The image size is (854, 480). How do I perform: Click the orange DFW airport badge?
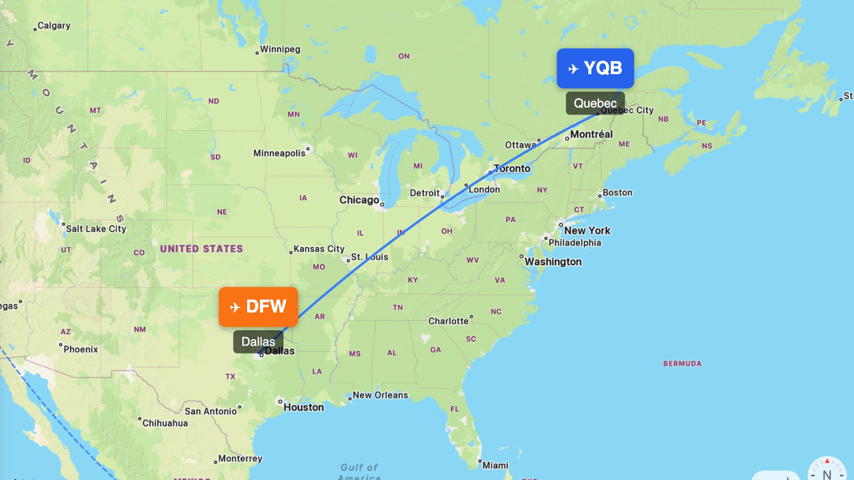click(x=258, y=307)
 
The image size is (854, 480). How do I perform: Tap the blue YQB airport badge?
click(x=595, y=68)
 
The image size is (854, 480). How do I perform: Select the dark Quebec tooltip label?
click(x=595, y=103)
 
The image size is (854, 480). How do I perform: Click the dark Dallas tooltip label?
click(x=258, y=341)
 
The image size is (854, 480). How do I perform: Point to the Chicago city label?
click(x=359, y=200)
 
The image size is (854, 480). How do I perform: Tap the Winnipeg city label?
click(x=280, y=49)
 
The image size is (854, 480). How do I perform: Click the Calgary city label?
click(x=54, y=26)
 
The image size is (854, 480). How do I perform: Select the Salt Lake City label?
click(x=96, y=229)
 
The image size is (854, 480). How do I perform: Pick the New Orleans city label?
click(x=380, y=395)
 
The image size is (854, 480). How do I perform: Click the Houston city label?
click(x=303, y=407)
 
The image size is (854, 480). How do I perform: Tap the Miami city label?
click(x=495, y=466)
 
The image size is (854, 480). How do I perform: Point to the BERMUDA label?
click(x=682, y=364)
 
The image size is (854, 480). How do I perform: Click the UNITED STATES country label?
click(x=201, y=249)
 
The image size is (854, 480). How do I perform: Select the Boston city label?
click(x=617, y=193)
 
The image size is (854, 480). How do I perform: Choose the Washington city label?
click(x=553, y=262)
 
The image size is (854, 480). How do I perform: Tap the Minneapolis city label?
click(x=279, y=154)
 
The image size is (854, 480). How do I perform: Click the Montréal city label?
click(x=591, y=134)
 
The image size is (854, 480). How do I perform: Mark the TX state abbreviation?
click(x=230, y=377)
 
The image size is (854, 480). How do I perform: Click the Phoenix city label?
click(x=81, y=349)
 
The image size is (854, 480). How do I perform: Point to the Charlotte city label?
click(x=448, y=321)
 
